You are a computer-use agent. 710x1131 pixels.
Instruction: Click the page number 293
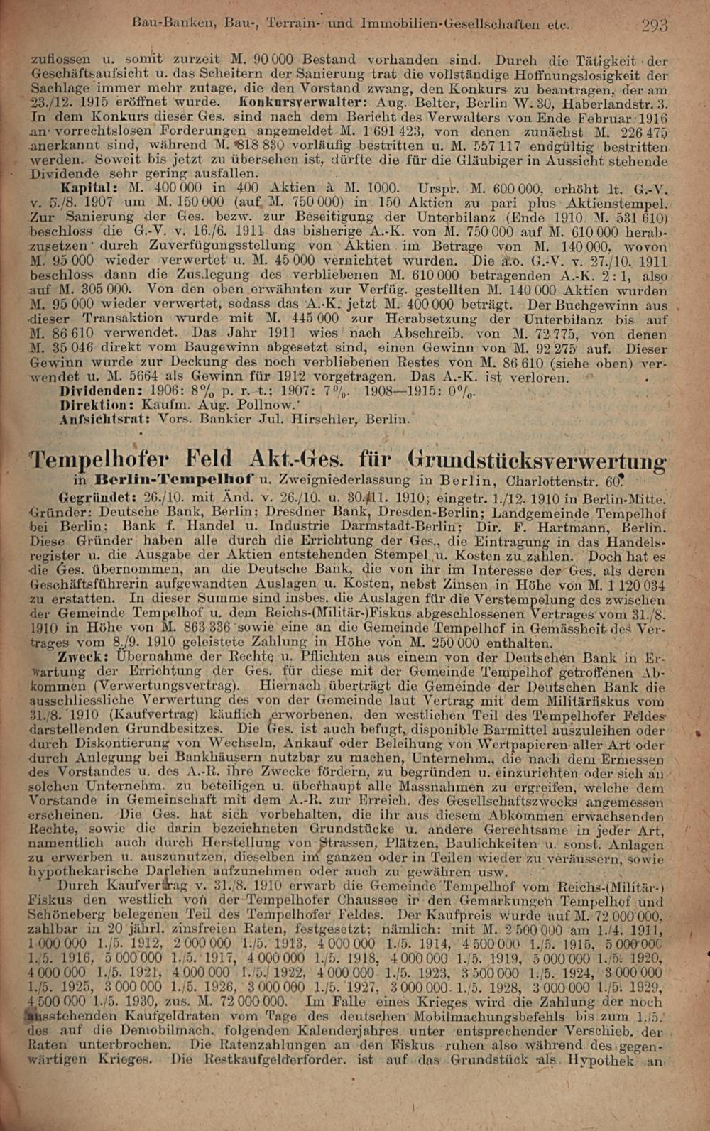coord(653,26)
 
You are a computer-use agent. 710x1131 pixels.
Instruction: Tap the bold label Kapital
coord(89,188)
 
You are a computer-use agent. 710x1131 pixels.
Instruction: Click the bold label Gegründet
coord(96,497)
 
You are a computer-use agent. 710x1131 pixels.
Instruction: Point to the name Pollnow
coord(265,405)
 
